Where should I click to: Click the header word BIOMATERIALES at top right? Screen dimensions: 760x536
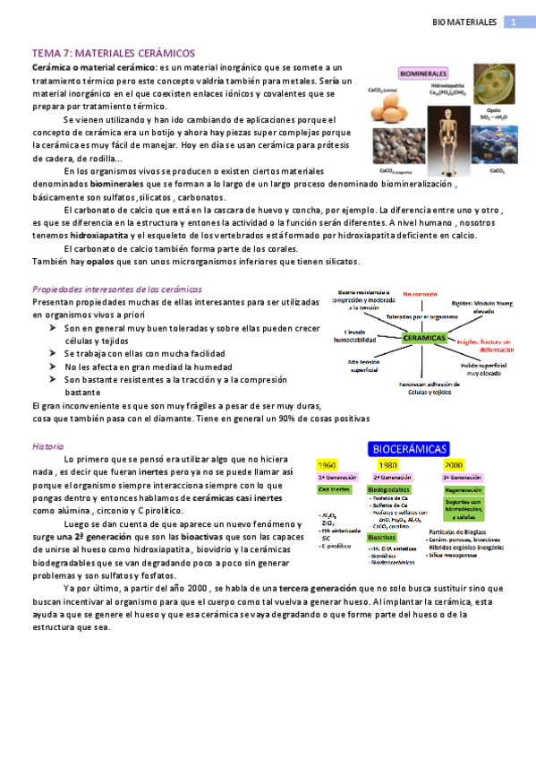464,22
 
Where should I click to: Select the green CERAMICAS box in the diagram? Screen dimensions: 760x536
425,338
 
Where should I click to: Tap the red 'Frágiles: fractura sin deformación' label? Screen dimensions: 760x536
484,344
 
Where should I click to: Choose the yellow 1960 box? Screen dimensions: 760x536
328,465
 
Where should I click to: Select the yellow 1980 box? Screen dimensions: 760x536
387,465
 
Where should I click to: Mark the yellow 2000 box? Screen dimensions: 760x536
453,465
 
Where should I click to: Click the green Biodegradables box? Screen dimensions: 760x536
389,490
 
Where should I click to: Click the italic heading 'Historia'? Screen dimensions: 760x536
47,445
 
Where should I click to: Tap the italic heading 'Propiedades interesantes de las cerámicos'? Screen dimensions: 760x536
116,289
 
